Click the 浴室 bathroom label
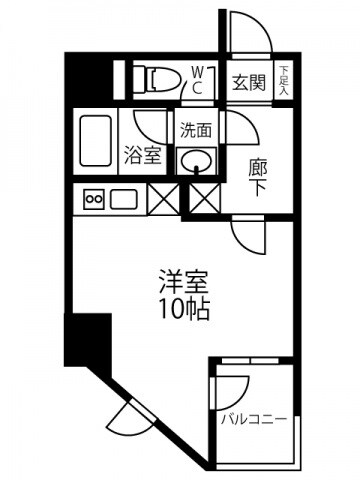tap(140, 155)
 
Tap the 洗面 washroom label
tap(196, 130)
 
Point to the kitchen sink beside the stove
tap(124, 198)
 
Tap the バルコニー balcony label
tap(255, 417)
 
